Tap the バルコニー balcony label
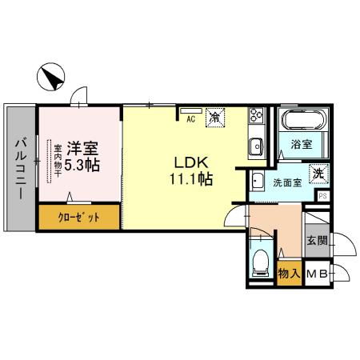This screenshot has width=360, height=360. click(21, 169)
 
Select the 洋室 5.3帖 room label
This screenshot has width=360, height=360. click(82, 156)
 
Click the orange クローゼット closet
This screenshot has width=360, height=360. click(79, 217)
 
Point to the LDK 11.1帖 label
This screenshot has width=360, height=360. click(191, 171)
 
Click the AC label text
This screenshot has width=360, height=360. click(190, 119)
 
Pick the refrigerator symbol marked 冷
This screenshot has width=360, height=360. click(215, 117)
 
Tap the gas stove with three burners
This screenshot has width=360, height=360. click(256, 115)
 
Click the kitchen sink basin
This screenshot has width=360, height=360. click(256, 146)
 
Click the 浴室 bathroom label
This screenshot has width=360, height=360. click(302, 144)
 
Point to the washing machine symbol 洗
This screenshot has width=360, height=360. click(318, 174)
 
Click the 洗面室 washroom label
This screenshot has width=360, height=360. click(287, 182)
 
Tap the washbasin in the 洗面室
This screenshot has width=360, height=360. click(257, 182)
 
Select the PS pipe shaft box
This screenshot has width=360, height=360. click(322, 196)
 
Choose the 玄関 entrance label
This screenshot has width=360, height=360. click(317, 241)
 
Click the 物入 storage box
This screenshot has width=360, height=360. click(290, 273)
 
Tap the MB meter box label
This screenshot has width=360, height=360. click(317, 274)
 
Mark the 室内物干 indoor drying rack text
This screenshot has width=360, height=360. click(58, 161)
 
